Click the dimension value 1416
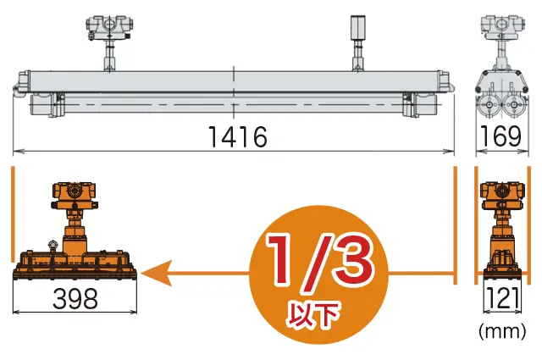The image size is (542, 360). pyautogui.click(x=235, y=136)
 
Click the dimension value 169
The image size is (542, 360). pyautogui.click(x=499, y=136)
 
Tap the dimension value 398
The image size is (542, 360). pyautogui.click(x=75, y=298)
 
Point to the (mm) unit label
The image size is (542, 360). pyautogui.click(x=501, y=334)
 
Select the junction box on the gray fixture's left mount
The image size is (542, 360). pyautogui.click(x=111, y=26)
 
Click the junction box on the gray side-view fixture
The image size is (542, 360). pyautogui.click(x=500, y=25)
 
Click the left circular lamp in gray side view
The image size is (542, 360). pyautogui.click(x=489, y=108)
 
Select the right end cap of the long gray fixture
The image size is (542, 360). pyautogui.click(x=447, y=83)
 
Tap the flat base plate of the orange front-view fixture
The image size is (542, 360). pyautogui.click(x=75, y=274)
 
